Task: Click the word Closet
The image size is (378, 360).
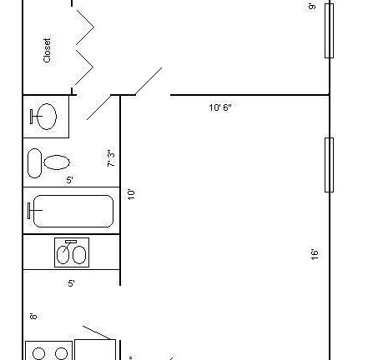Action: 48,50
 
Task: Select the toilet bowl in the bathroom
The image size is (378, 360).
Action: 57,162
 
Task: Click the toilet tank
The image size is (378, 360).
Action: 34,162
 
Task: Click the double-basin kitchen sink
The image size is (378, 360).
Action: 71,252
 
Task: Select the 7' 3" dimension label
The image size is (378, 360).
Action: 111,158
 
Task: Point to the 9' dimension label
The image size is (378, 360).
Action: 312,7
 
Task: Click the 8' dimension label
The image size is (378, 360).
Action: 33,316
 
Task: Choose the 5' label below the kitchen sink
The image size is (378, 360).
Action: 71,283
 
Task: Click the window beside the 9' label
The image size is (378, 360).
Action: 330,30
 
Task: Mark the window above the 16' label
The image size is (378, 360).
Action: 330,165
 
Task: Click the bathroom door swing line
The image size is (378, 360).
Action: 99,107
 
